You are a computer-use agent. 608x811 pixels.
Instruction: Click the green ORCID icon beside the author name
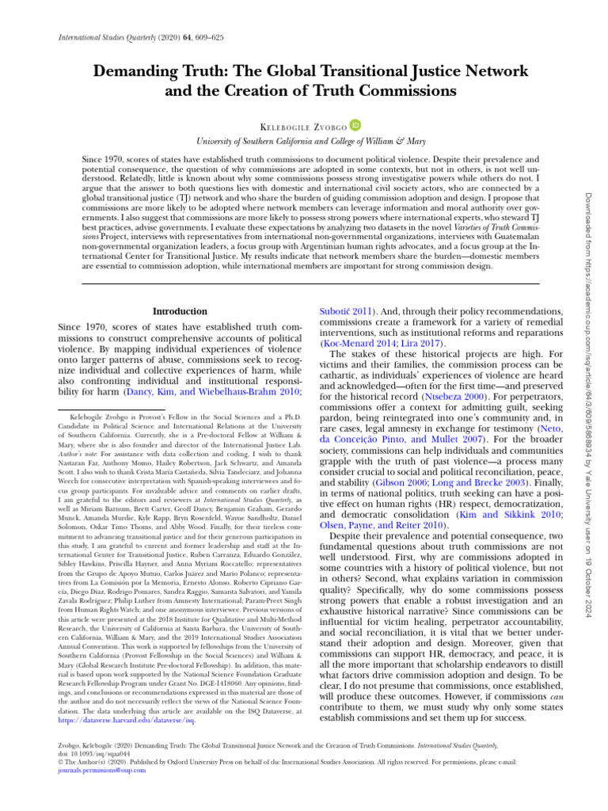pyautogui.click(x=356, y=124)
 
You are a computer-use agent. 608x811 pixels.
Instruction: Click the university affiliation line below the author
pyautogui.click(x=304, y=142)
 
